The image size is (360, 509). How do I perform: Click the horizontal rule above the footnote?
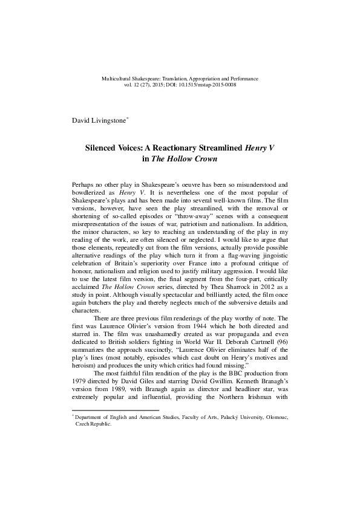[x=115, y=427]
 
